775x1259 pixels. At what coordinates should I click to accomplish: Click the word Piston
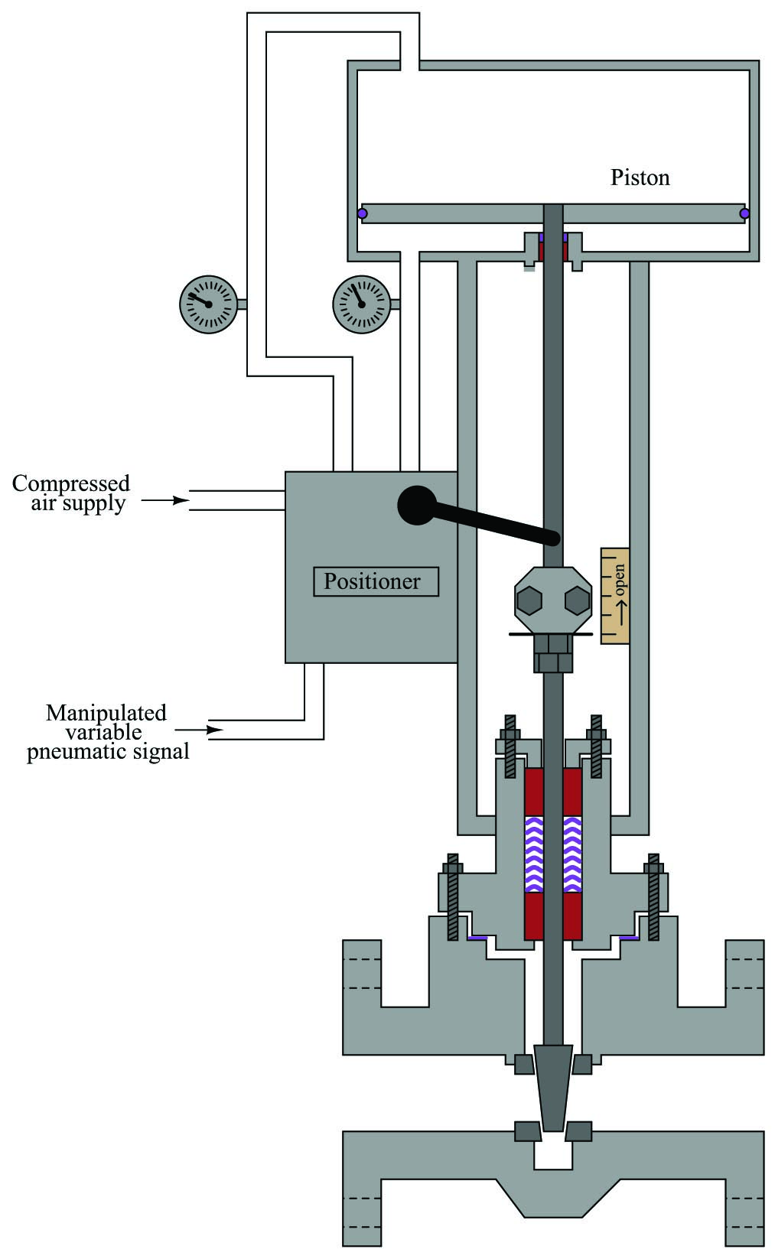[640, 177]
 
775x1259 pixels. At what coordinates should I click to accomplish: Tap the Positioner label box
[376, 581]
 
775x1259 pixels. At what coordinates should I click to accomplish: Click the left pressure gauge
[208, 304]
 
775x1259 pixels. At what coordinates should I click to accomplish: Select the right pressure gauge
[361, 304]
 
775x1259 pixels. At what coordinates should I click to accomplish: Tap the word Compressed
[71, 483]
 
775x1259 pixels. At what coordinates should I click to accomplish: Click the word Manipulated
[106, 713]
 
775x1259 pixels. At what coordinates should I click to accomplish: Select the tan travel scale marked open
[615, 595]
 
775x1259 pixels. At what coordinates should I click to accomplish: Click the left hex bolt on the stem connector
[529, 601]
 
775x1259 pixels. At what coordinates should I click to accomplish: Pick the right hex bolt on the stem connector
[577, 601]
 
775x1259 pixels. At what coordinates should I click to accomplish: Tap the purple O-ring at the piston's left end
[363, 213]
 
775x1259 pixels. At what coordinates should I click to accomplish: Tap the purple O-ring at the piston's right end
[744, 213]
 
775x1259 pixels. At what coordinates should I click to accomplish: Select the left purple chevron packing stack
[533, 854]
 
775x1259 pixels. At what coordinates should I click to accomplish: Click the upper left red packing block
[533, 791]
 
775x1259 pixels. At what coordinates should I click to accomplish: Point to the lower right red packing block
[572, 916]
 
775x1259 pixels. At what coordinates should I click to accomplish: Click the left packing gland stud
[510, 745]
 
